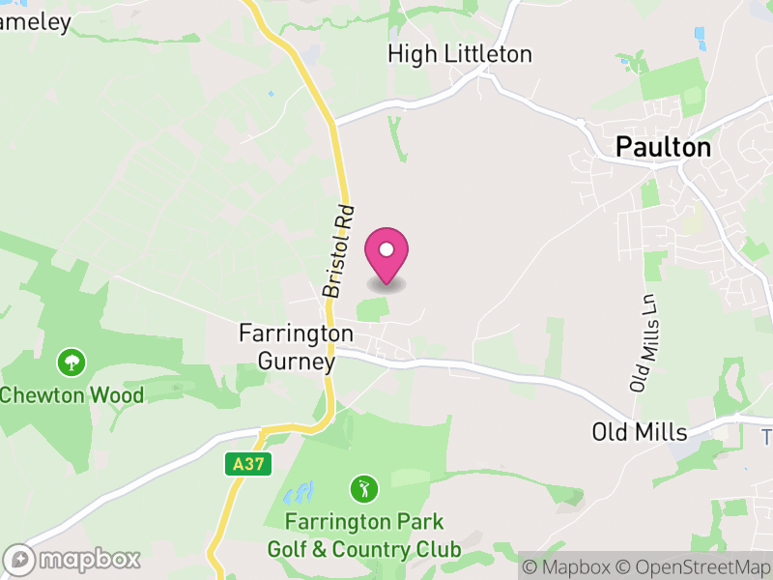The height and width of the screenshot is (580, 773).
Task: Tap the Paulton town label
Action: click(x=664, y=147)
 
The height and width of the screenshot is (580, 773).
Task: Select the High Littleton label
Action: click(x=460, y=54)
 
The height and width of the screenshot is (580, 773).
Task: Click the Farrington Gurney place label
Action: click(x=297, y=347)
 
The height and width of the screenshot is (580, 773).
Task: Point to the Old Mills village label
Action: click(x=639, y=431)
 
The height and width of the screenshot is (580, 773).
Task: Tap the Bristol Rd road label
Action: click(x=339, y=250)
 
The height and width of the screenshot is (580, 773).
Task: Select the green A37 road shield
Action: click(x=246, y=464)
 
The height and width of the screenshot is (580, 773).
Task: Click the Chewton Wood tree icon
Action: click(x=72, y=363)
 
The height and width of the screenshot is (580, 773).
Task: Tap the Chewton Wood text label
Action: click(x=72, y=394)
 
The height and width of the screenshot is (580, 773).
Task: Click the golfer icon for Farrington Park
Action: click(x=363, y=488)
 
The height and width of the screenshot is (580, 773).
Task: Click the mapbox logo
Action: click(x=72, y=559)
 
